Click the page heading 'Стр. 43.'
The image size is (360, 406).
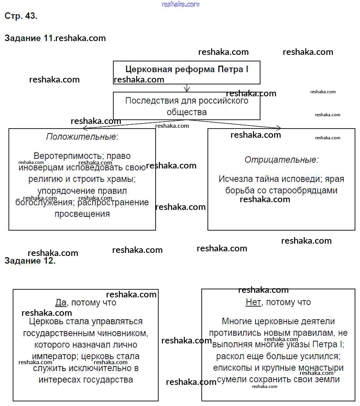(x=21, y=16)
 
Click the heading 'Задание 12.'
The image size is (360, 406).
(x=30, y=261)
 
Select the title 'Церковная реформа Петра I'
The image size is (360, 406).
(x=187, y=69)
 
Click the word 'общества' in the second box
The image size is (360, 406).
(x=187, y=112)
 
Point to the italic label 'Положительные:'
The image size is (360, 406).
(x=82, y=137)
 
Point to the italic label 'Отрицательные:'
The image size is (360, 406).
(x=282, y=160)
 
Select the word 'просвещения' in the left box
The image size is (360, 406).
(x=82, y=214)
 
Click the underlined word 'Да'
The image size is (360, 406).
(x=61, y=302)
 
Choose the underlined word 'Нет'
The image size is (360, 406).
(x=253, y=302)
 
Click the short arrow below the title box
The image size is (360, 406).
(x=187, y=88)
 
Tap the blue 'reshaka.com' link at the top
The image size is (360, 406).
(x=181, y=5)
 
